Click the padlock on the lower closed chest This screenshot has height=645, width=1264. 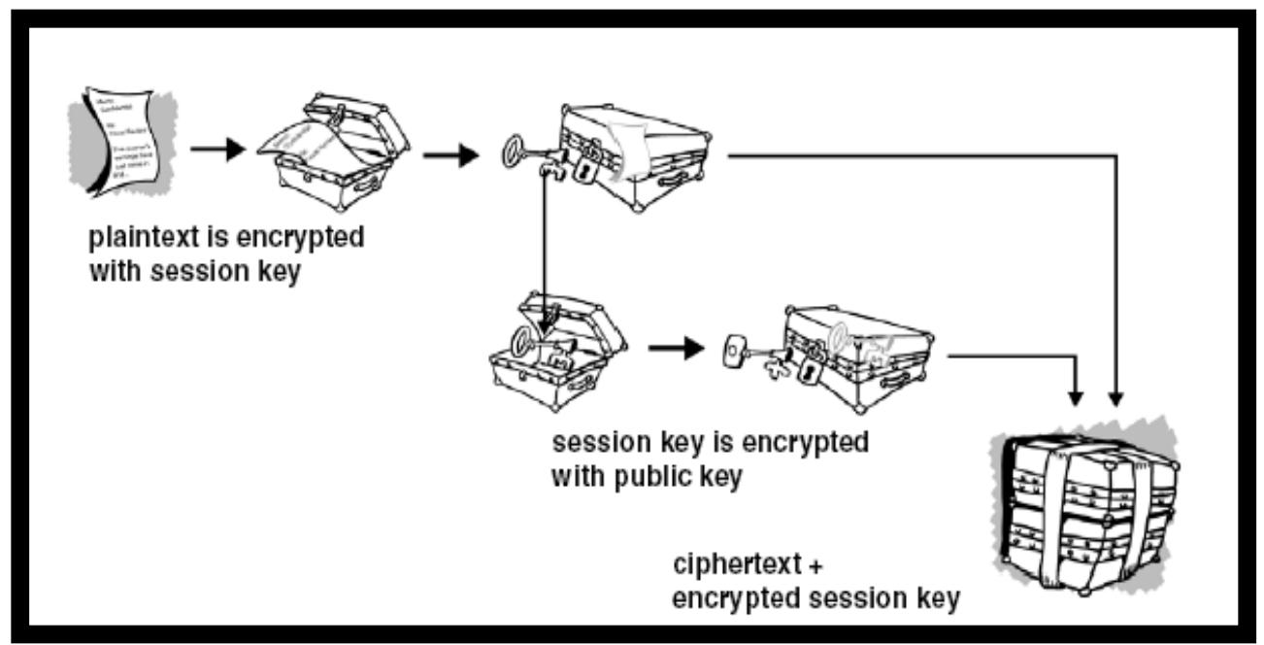coord(805,371)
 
